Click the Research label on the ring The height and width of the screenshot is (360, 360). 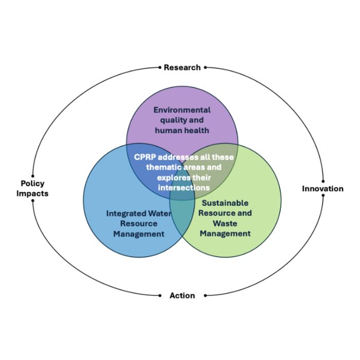click(182, 67)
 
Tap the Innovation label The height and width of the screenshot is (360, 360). click(322, 189)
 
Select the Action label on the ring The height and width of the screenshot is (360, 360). click(182, 296)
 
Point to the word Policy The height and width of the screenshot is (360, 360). click(32, 183)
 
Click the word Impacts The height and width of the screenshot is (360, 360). click(32, 193)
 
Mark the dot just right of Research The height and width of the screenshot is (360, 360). click(206, 67)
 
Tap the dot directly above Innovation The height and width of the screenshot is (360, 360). click(323, 181)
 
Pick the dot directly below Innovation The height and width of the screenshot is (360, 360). click(323, 196)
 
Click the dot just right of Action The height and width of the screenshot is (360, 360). click(206, 296)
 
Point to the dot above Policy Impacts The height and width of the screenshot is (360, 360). click(32, 176)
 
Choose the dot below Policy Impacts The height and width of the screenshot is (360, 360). click(32, 201)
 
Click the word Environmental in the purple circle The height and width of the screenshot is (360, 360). click(182, 110)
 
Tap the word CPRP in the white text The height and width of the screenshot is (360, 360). click(146, 157)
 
